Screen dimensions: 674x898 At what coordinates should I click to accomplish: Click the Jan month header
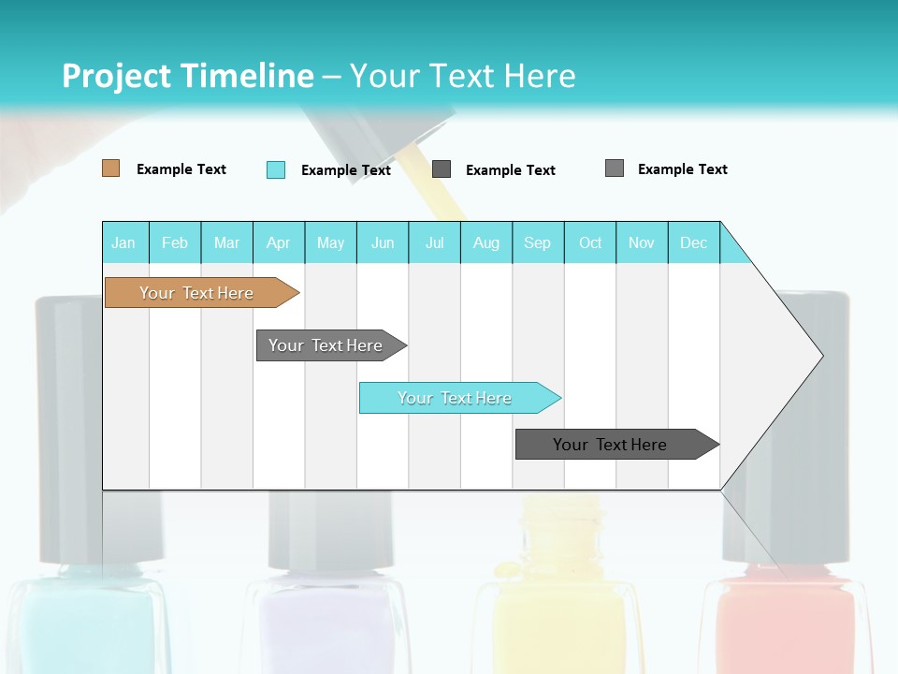point(123,242)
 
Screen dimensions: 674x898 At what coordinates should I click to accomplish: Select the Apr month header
point(278,242)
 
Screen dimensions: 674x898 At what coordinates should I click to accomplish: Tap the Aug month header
point(485,242)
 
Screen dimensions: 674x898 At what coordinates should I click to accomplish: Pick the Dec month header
point(693,242)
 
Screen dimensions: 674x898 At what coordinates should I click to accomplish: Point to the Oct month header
point(590,242)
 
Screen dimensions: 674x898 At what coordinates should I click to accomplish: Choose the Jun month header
point(383,242)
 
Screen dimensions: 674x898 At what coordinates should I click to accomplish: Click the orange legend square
point(110,168)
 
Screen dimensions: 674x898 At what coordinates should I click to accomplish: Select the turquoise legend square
point(276,169)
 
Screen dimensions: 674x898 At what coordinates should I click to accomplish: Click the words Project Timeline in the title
point(187,76)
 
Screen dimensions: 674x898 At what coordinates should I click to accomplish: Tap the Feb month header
point(175,242)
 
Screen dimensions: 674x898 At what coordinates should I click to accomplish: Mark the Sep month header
point(537,242)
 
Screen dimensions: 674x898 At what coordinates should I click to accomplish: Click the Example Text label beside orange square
point(181,169)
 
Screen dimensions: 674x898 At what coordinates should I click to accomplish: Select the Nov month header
point(642,242)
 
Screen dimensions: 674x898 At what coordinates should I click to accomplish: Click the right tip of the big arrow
point(820,356)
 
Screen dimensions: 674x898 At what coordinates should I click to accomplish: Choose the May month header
point(330,242)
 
